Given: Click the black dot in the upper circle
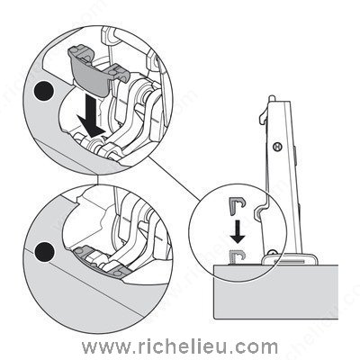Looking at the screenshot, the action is click(x=44, y=91).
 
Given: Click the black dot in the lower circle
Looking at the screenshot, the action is click(x=44, y=251).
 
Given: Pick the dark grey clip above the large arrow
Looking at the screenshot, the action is click(x=96, y=70).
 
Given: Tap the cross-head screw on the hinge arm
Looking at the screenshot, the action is click(x=278, y=147).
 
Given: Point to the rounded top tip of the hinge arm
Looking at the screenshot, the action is click(x=271, y=98).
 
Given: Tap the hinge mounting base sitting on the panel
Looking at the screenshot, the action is click(x=290, y=259).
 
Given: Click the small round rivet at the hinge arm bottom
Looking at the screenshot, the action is click(x=272, y=253).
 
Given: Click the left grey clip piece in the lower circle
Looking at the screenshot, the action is click(x=83, y=253).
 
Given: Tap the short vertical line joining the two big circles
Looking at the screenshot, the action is click(x=98, y=179).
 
